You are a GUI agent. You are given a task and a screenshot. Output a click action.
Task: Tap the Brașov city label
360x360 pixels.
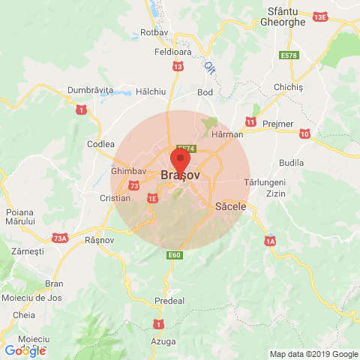pos(180,175)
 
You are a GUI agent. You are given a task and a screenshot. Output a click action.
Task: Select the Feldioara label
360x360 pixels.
pos(172,54)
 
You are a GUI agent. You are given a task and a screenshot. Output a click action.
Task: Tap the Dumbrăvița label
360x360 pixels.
pos(90,90)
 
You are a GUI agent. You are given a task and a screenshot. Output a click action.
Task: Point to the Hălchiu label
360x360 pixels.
pos(150,91)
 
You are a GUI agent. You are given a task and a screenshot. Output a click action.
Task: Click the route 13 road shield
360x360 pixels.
pos(177,67)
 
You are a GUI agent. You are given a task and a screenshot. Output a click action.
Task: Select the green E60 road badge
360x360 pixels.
pos(175,255)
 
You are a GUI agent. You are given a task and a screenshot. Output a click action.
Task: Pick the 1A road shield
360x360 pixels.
pos(270,241)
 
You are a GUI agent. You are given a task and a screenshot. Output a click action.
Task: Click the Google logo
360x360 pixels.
pos(25,350)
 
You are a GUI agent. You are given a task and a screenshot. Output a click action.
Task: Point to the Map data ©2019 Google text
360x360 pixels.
pos(313,354)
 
